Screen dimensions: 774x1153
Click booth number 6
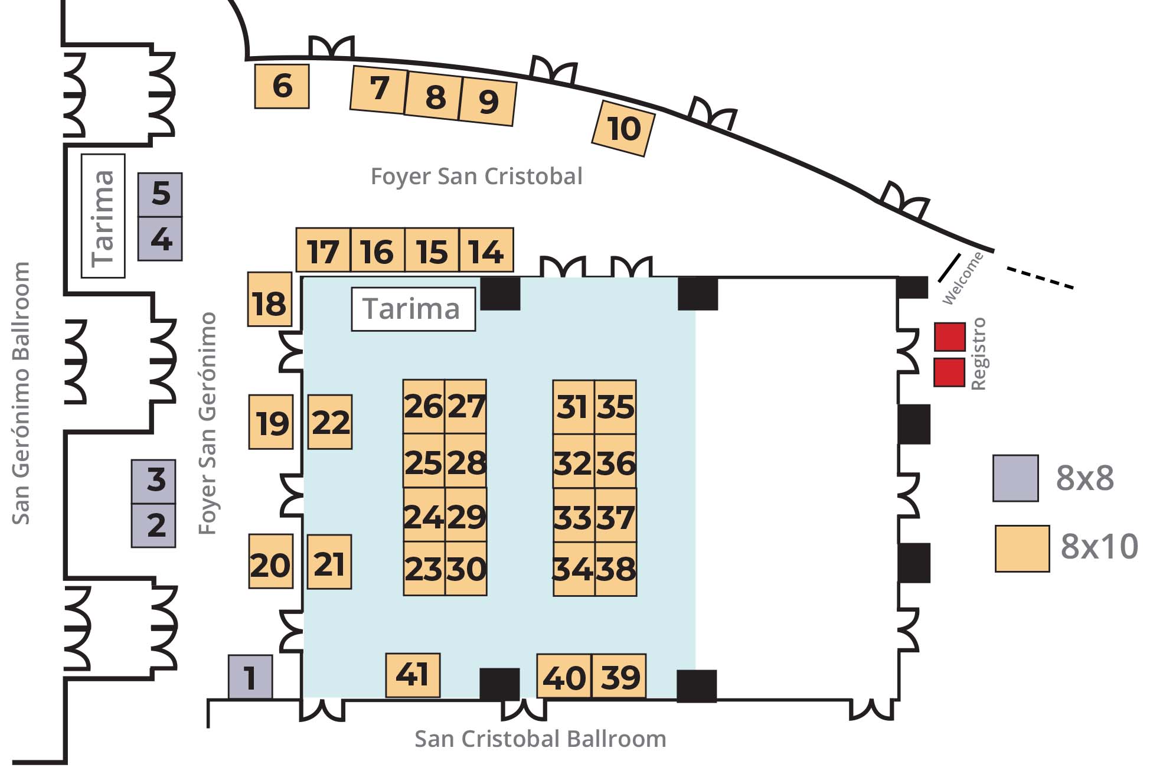pyautogui.click(x=282, y=86)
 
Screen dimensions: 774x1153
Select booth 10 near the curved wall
pyautogui.click(x=623, y=128)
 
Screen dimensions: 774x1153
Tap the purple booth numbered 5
pyautogui.click(x=160, y=194)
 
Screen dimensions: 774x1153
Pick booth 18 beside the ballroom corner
pyautogui.click(x=270, y=299)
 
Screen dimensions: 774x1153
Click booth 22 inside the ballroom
pyautogui.click(x=330, y=422)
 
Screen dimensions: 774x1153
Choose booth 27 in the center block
pyautogui.click(x=466, y=407)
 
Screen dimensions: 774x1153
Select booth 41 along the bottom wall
pyautogui.click(x=413, y=675)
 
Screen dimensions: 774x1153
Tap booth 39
pyautogui.click(x=619, y=676)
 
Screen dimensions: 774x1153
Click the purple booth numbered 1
pyautogui.click(x=250, y=677)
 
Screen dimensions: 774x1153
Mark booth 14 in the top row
pyautogui.click(x=486, y=250)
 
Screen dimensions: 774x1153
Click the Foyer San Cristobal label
pyautogui.click(x=476, y=177)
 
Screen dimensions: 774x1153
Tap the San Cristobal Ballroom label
pyautogui.click(x=540, y=739)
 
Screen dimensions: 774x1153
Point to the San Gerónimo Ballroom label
pyautogui.click(x=21, y=393)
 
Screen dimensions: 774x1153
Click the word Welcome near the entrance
pyautogui.click(x=962, y=278)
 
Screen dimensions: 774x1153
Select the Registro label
pyautogui.click(x=978, y=354)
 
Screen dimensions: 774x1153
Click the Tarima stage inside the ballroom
pyautogui.click(x=413, y=309)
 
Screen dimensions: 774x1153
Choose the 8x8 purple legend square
pyautogui.click(x=1015, y=478)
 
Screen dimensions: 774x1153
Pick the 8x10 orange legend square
pyautogui.click(x=1022, y=548)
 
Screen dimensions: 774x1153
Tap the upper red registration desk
pyautogui.click(x=949, y=337)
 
